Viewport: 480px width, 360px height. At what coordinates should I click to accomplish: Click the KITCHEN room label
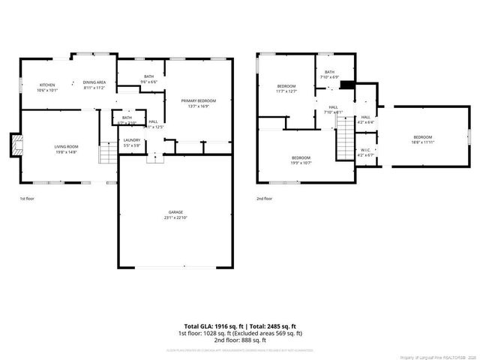tap(48, 85)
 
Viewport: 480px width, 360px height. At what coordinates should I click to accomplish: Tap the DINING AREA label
tap(94, 82)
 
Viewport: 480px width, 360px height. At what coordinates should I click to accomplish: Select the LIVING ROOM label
tap(66, 146)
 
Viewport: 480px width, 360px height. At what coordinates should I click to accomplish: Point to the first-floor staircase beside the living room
tap(109, 155)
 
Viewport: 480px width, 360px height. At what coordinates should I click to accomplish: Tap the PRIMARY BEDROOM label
tap(199, 100)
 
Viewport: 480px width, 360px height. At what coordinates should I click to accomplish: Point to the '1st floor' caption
tap(28, 199)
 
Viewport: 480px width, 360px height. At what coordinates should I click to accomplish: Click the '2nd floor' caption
tap(264, 199)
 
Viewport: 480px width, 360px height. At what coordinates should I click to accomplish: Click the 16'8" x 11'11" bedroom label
tap(422, 140)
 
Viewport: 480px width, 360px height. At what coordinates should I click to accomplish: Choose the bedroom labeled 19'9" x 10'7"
tap(301, 158)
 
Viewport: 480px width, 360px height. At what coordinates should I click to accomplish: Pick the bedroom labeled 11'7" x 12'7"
tap(286, 88)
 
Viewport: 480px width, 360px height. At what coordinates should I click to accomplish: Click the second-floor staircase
tap(343, 139)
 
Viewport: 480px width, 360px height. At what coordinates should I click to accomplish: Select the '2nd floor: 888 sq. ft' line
tap(240, 339)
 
